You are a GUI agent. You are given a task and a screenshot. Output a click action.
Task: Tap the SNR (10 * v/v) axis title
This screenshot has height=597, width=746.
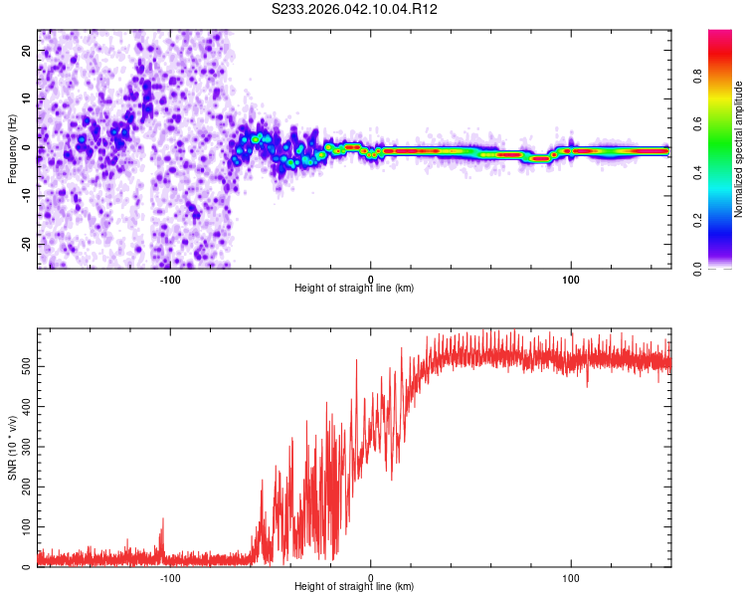pyautogui.click(x=12, y=449)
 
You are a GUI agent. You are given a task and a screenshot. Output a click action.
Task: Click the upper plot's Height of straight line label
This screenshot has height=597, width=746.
pyautogui.click(x=354, y=288)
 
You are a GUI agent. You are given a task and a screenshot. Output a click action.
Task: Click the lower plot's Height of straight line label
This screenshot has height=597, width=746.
pyautogui.click(x=354, y=586)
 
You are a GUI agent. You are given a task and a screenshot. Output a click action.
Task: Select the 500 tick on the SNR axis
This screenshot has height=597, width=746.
pyautogui.click(x=25, y=366)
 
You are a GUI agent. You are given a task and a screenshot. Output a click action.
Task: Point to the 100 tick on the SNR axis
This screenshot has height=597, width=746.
pyautogui.click(x=25, y=526)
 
